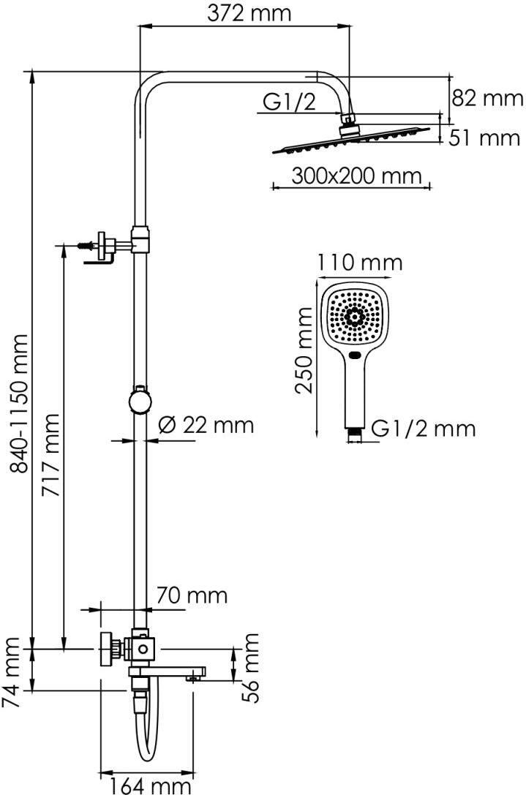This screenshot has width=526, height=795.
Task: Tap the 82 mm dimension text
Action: (x=487, y=98)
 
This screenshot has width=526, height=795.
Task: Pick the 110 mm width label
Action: (x=360, y=262)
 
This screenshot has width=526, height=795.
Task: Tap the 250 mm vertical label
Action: (x=305, y=350)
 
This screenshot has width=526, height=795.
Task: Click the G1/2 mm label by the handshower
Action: (x=423, y=429)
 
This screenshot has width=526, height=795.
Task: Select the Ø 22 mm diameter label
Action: (x=206, y=424)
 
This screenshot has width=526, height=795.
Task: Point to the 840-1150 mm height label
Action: (x=21, y=403)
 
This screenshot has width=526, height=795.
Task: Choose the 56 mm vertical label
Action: (x=251, y=668)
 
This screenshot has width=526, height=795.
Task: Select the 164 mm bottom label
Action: (x=151, y=785)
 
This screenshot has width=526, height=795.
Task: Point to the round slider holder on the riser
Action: (x=139, y=401)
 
